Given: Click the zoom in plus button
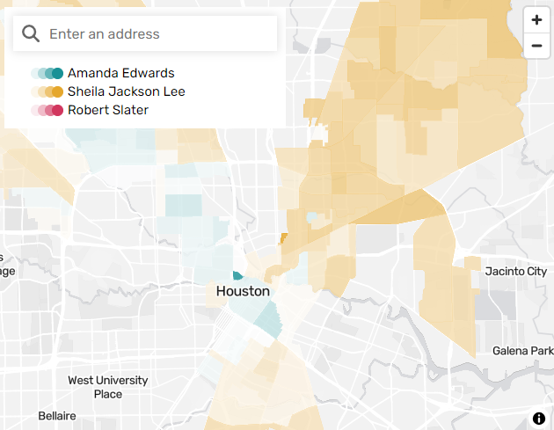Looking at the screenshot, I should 536,20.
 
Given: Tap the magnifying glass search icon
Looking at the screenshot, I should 31,33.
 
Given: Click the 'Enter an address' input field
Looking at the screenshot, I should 158,33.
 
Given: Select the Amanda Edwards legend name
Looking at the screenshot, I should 120,73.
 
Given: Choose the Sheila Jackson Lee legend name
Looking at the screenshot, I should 126,91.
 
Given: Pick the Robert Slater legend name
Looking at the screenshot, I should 107,110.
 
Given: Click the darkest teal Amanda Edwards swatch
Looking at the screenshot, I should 58,74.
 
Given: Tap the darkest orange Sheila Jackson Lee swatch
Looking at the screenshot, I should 58,92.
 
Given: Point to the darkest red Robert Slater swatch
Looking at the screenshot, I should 58,111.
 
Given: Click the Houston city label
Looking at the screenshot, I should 243,291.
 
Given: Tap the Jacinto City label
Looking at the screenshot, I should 516,272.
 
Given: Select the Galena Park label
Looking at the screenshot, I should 522,351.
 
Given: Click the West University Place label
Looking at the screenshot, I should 108,387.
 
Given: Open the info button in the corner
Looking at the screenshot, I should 538,418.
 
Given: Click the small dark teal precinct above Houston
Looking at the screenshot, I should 237,276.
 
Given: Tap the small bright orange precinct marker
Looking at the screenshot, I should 283,238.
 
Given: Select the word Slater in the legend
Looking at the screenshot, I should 129,110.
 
